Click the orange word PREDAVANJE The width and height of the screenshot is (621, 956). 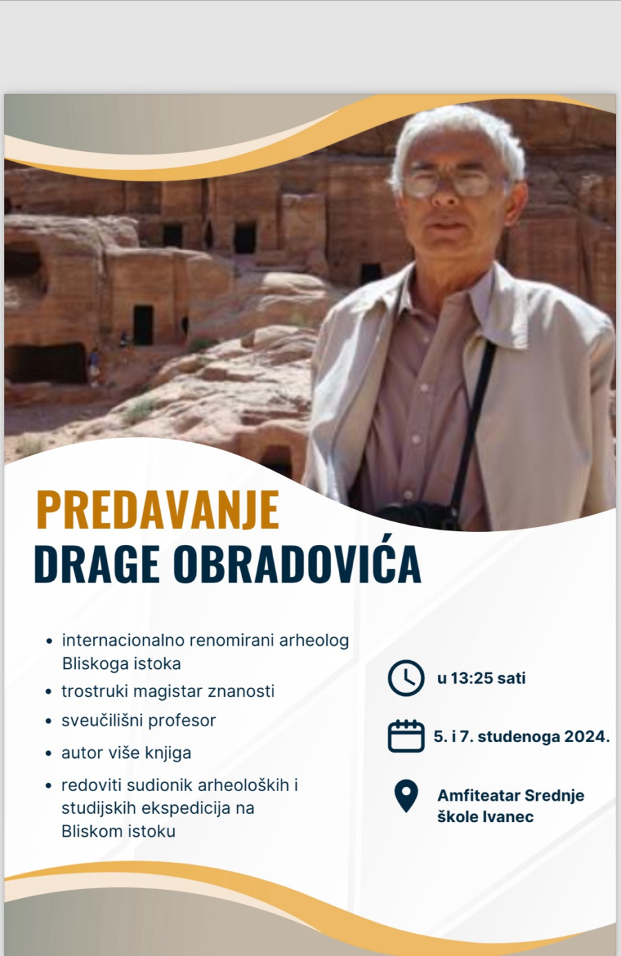(158, 509)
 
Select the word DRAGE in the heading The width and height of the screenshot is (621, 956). (97, 564)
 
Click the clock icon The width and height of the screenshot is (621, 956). (406, 678)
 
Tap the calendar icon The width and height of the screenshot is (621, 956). (406, 736)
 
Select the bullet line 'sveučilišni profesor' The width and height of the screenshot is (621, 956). (139, 721)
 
